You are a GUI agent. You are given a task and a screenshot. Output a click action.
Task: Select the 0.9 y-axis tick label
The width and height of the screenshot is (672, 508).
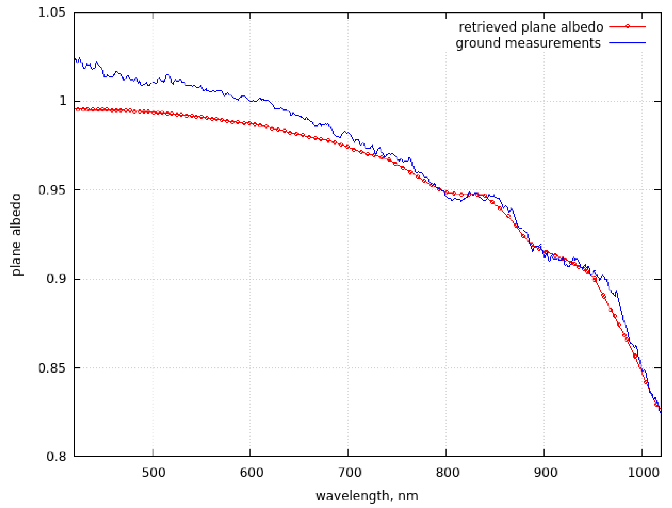pos(56,278)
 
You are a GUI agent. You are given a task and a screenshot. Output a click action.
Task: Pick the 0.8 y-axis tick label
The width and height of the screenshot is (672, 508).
pos(56,456)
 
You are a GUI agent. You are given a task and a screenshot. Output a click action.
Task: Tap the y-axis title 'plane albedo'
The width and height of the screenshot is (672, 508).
pos(16,234)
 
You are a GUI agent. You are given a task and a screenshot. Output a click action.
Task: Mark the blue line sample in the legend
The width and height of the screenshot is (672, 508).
pos(627,43)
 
